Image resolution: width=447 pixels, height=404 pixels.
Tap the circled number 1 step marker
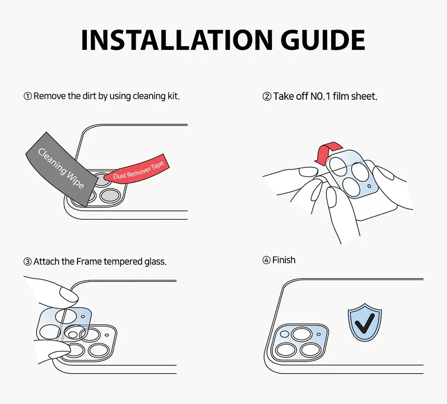(28, 96)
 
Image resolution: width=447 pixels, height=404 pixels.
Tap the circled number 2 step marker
(267, 97)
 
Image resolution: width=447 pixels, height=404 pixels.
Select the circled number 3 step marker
(28, 262)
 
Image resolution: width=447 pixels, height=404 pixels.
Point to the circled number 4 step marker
(266, 260)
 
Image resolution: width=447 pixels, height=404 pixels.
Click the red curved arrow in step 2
(327, 153)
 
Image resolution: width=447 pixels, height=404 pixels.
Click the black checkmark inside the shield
(365, 324)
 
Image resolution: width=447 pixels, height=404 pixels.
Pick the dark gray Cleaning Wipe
(61, 170)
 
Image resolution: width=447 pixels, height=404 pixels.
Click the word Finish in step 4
(284, 260)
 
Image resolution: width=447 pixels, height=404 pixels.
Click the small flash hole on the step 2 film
(369, 186)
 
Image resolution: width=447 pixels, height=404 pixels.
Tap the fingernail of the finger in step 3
(69, 294)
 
